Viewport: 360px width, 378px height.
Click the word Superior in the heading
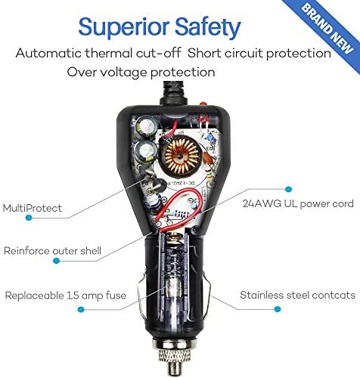point(125,27)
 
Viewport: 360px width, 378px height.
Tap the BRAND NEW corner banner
point(327,28)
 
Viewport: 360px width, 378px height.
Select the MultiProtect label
point(33,208)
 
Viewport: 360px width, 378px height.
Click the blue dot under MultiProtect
point(29,218)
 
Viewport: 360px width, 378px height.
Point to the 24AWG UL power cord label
point(298,203)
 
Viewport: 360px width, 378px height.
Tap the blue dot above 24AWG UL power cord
point(289,189)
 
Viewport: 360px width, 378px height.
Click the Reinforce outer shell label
point(52,251)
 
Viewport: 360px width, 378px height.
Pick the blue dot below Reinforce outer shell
point(57,261)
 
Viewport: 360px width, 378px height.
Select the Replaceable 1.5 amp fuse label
point(66,296)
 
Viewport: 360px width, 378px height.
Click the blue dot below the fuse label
point(81,309)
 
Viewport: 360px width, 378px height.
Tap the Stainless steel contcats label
point(297,295)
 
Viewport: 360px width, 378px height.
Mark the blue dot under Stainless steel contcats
point(278,309)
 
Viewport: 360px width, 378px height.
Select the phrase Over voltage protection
point(141,72)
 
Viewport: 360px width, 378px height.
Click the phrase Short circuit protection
point(259,54)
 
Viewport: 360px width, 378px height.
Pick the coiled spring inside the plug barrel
point(174,257)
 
